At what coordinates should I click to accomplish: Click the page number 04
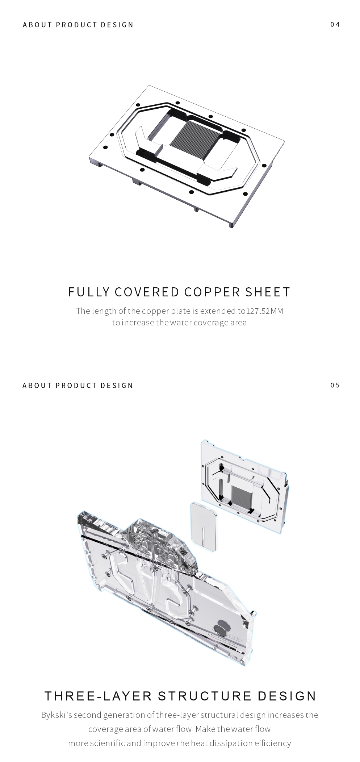tap(335, 24)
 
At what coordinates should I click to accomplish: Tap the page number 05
tap(335, 385)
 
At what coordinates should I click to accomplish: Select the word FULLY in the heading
tap(89, 292)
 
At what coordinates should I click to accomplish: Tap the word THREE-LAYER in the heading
tap(98, 696)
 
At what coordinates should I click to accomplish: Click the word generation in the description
tap(124, 715)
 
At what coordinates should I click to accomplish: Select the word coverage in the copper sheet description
tap(210, 322)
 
